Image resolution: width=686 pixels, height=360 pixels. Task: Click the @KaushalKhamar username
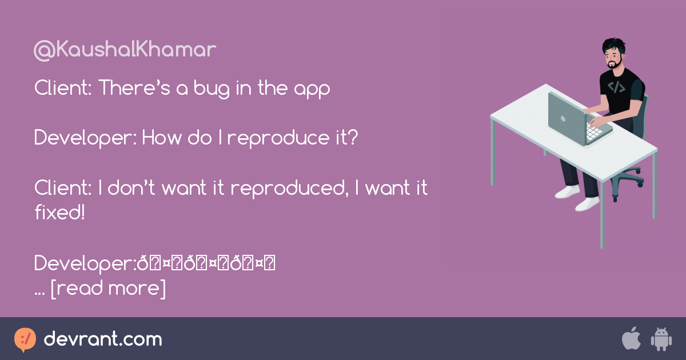pos(125,50)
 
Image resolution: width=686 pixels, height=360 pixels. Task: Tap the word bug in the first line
pos(204,89)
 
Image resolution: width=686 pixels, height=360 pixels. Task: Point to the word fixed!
pos(59,212)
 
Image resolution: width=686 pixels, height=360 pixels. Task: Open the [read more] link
pos(109,288)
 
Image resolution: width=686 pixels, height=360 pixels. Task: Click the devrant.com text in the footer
pos(103,339)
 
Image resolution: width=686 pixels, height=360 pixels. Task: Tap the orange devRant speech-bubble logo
pos(25,339)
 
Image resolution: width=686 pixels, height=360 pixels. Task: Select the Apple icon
pos(631,339)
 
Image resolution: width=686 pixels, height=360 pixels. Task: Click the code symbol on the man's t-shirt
pos(616,87)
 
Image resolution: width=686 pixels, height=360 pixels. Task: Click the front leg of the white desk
pos(601,211)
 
